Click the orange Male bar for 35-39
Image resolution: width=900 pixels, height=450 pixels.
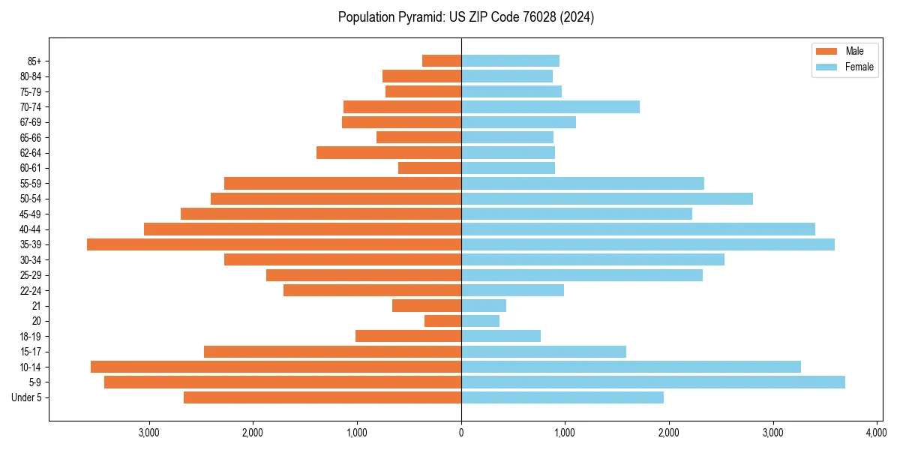[x=274, y=244]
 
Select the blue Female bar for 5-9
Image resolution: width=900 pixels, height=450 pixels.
[x=652, y=382]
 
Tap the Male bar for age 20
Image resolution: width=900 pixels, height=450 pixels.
[x=442, y=321]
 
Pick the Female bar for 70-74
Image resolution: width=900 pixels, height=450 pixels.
[x=550, y=107]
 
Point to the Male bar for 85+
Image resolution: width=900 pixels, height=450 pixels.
[x=442, y=61]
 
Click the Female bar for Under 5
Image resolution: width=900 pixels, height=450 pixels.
[x=562, y=397]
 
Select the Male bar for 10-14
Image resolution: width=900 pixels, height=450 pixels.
[x=276, y=367]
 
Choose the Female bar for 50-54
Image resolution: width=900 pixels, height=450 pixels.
[x=607, y=199]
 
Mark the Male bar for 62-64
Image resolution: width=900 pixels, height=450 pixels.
[x=388, y=153]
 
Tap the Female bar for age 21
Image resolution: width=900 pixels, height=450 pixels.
[x=484, y=306]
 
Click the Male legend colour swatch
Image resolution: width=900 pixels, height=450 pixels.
[x=826, y=51]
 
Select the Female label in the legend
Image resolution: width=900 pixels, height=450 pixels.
[x=859, y=67]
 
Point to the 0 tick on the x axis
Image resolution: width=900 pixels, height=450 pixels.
[x=461, y=433]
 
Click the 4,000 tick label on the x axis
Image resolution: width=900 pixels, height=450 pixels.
[x=877, y=433]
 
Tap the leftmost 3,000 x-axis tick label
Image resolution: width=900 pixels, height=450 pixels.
[x=149, y=433]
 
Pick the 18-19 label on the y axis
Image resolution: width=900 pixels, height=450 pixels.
[x=31, y=337]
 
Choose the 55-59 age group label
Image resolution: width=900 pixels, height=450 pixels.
[x=31, y=184]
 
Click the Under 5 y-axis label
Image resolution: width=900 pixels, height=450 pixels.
[x=27, y=397]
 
